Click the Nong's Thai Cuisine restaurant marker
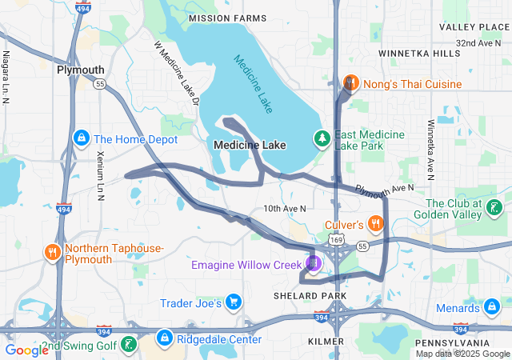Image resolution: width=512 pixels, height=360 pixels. pos(350,82)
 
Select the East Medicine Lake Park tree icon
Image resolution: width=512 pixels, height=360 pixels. pos(322,138)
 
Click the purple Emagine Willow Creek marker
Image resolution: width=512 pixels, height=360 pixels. pos(313,263)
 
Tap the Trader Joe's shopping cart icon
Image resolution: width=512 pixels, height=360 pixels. pos(234,302)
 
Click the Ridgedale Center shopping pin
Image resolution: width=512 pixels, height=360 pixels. pos(165,338)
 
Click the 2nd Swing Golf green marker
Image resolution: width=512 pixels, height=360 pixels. pos(128,345)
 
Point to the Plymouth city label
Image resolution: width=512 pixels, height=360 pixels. pos(80,70)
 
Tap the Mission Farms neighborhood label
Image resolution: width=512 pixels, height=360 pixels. pos(226,17)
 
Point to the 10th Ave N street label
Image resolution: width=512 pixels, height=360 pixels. pos(286,209)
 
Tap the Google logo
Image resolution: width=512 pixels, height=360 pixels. pos(26,350)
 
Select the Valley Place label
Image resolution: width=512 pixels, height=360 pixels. pos(468,27)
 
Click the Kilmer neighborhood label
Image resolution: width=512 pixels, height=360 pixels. pos(326,342)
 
